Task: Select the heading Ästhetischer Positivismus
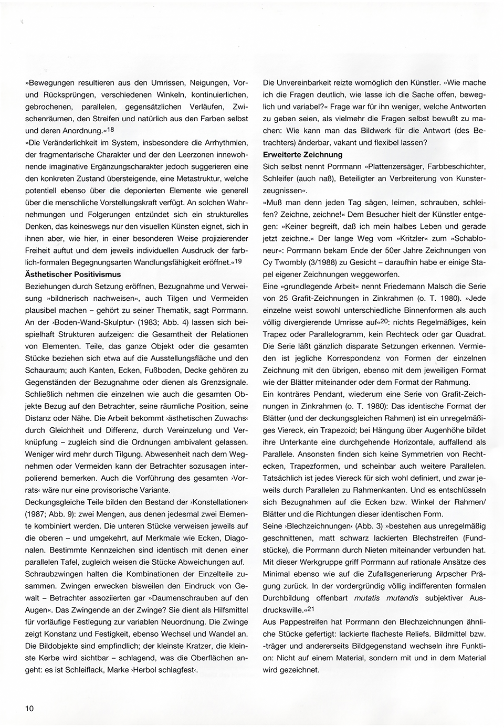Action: click(x=73, y=274)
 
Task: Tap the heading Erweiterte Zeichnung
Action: click(x=302, y=154)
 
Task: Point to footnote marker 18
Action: click(x=110, y=129)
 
